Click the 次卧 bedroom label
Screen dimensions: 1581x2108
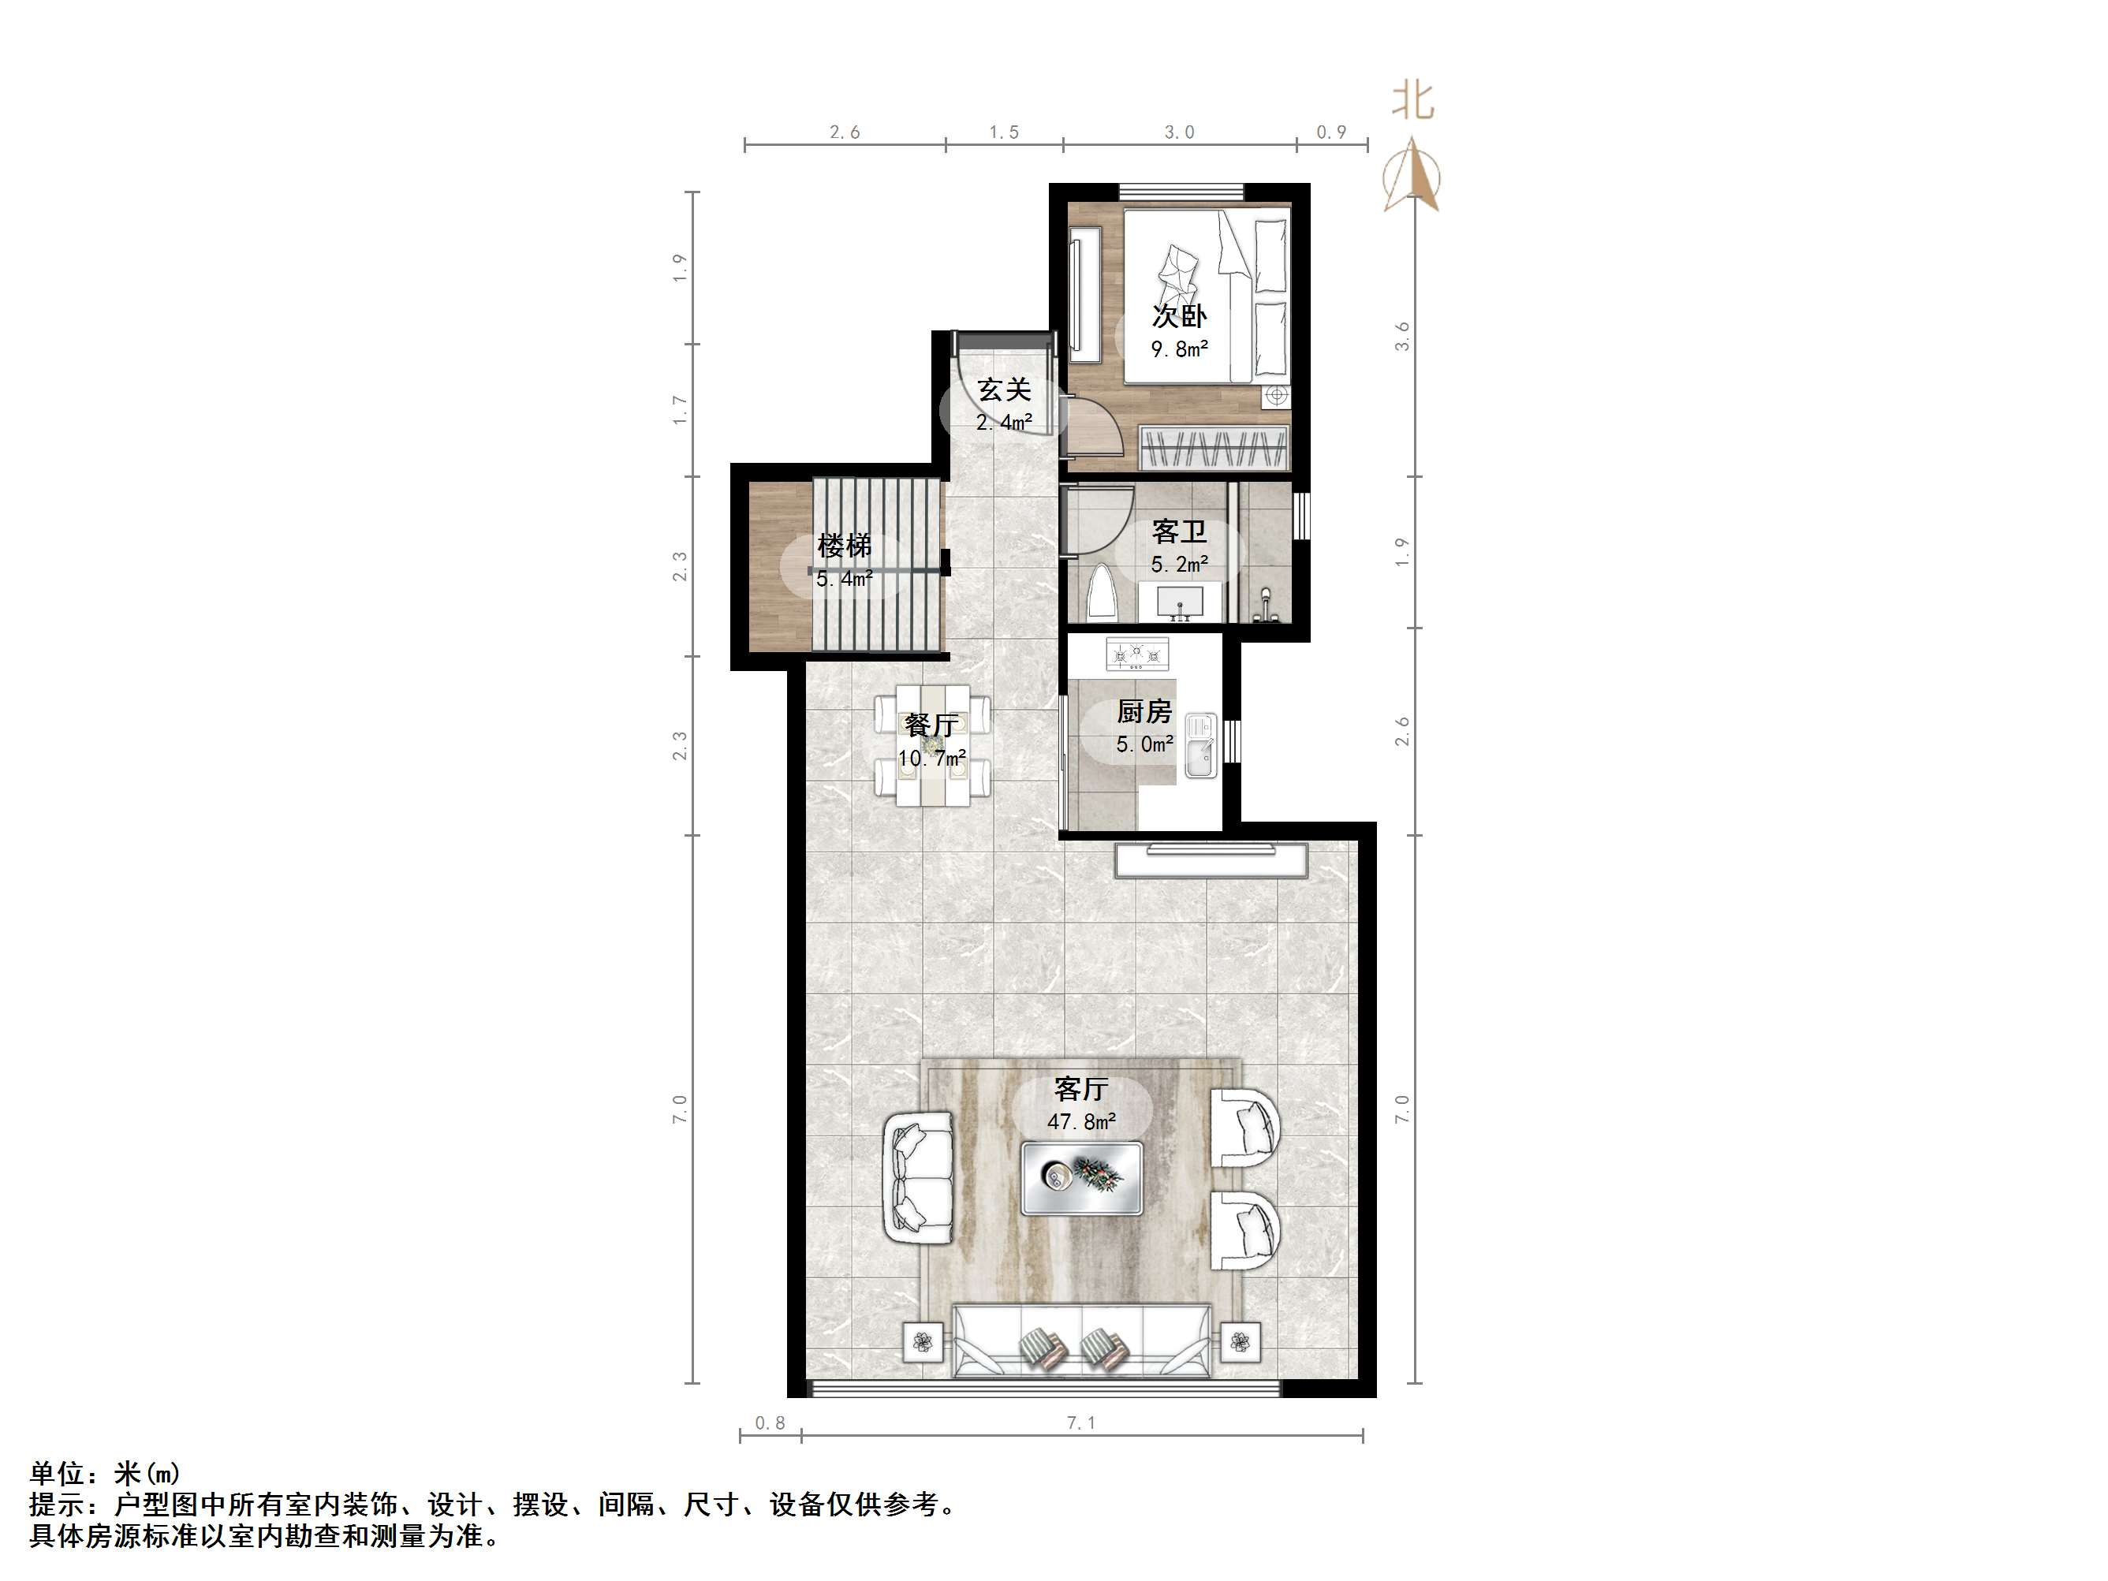(x=1179, y=315)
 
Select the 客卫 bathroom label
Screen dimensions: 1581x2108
(x=1179, y=531)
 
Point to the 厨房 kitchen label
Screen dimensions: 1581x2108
(x=1144, y=711)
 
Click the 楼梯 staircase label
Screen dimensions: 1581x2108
(x=845, y=546)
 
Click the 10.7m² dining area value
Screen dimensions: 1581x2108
(x=931, y=759)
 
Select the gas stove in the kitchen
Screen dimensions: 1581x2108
(x=1137, y=654)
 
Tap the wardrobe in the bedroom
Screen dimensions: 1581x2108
(x=1214, y=448)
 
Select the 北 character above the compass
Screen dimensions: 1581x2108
(x=1412, y=100)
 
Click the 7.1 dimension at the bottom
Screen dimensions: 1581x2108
(x=1080, y=1423)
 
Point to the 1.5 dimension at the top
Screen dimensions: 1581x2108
(x=1003, y=132)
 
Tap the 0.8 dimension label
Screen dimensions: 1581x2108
(x=770, y=1423)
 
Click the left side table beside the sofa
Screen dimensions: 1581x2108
(x=922, y=1343)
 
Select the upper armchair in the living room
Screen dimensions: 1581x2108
(x=1244, y=1128)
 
